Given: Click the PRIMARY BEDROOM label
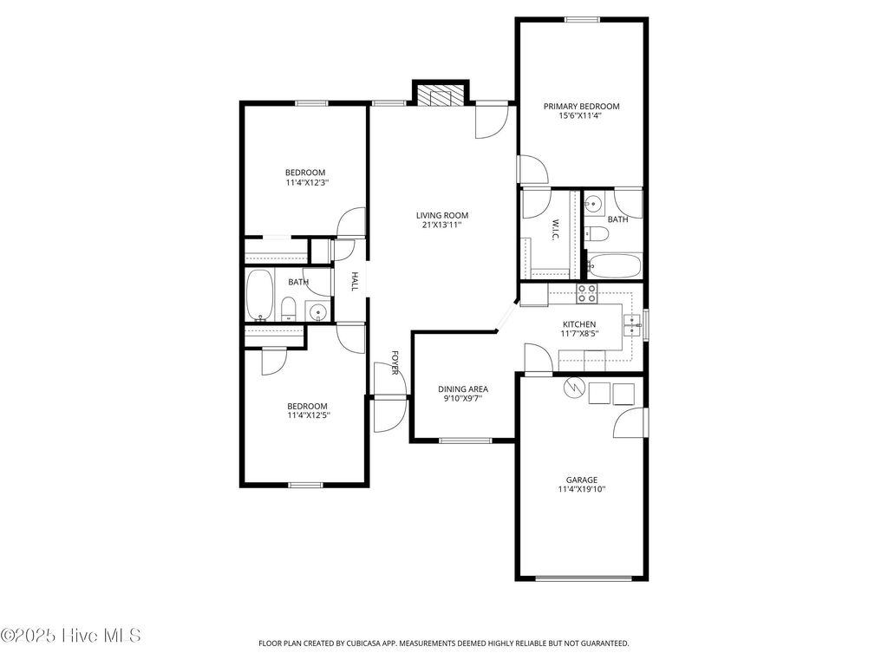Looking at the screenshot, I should click(581, 107).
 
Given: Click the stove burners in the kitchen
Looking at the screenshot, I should click(587, 294).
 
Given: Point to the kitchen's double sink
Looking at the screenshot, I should click(631, 324).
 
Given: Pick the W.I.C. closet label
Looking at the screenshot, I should click(555, 230).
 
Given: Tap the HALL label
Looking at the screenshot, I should click(355, 282).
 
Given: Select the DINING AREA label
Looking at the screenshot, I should click(462, 388).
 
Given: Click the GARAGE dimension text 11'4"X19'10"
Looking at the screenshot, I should click(581, 490).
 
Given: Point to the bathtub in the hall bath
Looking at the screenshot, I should click(260, 295).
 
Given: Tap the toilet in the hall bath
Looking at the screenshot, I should click(290, 309).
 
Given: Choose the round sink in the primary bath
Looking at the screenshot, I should click(592, 205).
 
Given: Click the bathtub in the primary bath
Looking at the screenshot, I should click(614, 264).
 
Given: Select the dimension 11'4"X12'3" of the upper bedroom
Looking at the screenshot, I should click(307, 183).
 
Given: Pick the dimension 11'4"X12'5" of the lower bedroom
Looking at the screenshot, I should click(307, 415).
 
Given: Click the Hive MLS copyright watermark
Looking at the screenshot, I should click(71, 636).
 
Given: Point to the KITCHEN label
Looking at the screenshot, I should click(578, 324).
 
